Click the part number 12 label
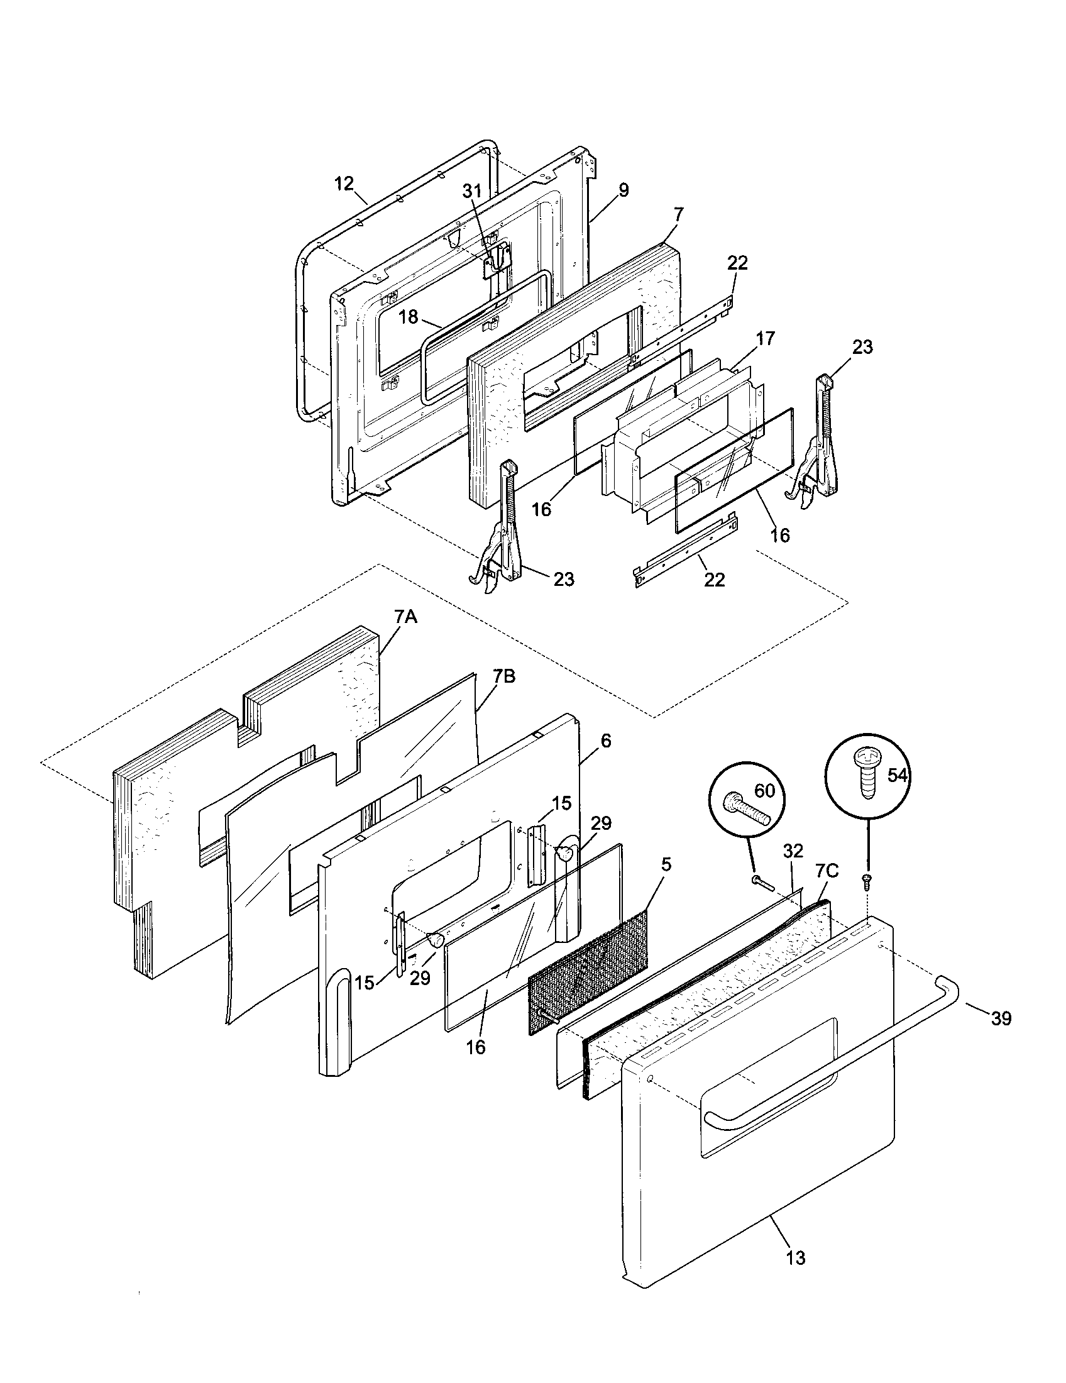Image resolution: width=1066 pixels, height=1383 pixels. click(344, 184)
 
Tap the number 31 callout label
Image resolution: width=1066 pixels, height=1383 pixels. click(471, 190)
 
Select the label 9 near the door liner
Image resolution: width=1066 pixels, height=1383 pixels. click(624, 190)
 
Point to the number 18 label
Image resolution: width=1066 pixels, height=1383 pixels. click(409, 317)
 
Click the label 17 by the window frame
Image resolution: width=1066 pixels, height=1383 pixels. click(765, 339)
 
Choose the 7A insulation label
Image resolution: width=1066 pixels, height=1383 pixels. click(406, 617)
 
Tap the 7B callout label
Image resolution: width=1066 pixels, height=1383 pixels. click(503, 676)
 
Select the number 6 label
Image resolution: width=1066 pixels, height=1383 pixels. click(605, 741)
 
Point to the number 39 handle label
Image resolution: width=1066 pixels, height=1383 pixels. click(1001, 1018)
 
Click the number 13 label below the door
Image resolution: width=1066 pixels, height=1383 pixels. click(796, 1258)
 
